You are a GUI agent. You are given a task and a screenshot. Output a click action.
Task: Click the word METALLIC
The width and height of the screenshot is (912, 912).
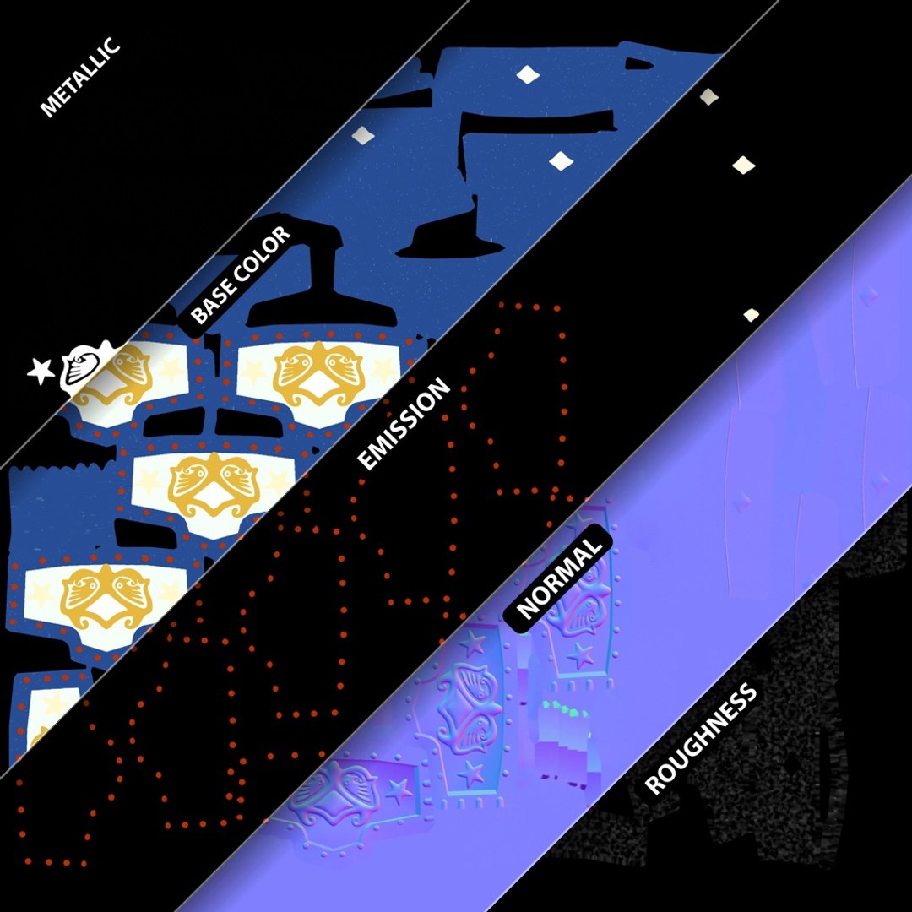point(79,77)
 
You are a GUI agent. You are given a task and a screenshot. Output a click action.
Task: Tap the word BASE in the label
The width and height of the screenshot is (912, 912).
point(212,301)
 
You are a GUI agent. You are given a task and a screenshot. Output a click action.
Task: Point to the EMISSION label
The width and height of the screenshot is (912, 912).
point(403,424)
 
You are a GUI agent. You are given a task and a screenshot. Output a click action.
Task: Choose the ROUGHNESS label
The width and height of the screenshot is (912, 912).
point(701,739)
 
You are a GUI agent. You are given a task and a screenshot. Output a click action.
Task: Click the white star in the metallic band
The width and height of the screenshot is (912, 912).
point(41,371)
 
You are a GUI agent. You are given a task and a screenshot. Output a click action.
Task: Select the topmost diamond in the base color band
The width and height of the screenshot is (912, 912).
point(528,73)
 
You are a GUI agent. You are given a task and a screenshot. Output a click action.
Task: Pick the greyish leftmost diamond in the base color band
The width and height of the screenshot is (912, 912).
point(362,135)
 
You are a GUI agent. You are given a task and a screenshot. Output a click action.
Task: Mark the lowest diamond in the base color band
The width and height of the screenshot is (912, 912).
point(562,160)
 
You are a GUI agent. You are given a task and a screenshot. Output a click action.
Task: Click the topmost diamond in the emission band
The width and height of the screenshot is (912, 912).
point(708,96)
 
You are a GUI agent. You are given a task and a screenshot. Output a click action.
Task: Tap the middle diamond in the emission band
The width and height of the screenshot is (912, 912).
point(744,166)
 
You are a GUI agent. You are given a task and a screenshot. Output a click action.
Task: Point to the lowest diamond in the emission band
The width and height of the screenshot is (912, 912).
point(752,315)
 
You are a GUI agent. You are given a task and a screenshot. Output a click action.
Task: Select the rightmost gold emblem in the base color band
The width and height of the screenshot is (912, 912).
point(318,373)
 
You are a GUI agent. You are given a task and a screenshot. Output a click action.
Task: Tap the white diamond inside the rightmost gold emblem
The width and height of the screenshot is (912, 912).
point(318,382)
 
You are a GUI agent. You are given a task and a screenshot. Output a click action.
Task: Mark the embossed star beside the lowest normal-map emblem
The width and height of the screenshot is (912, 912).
point(398,791)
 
